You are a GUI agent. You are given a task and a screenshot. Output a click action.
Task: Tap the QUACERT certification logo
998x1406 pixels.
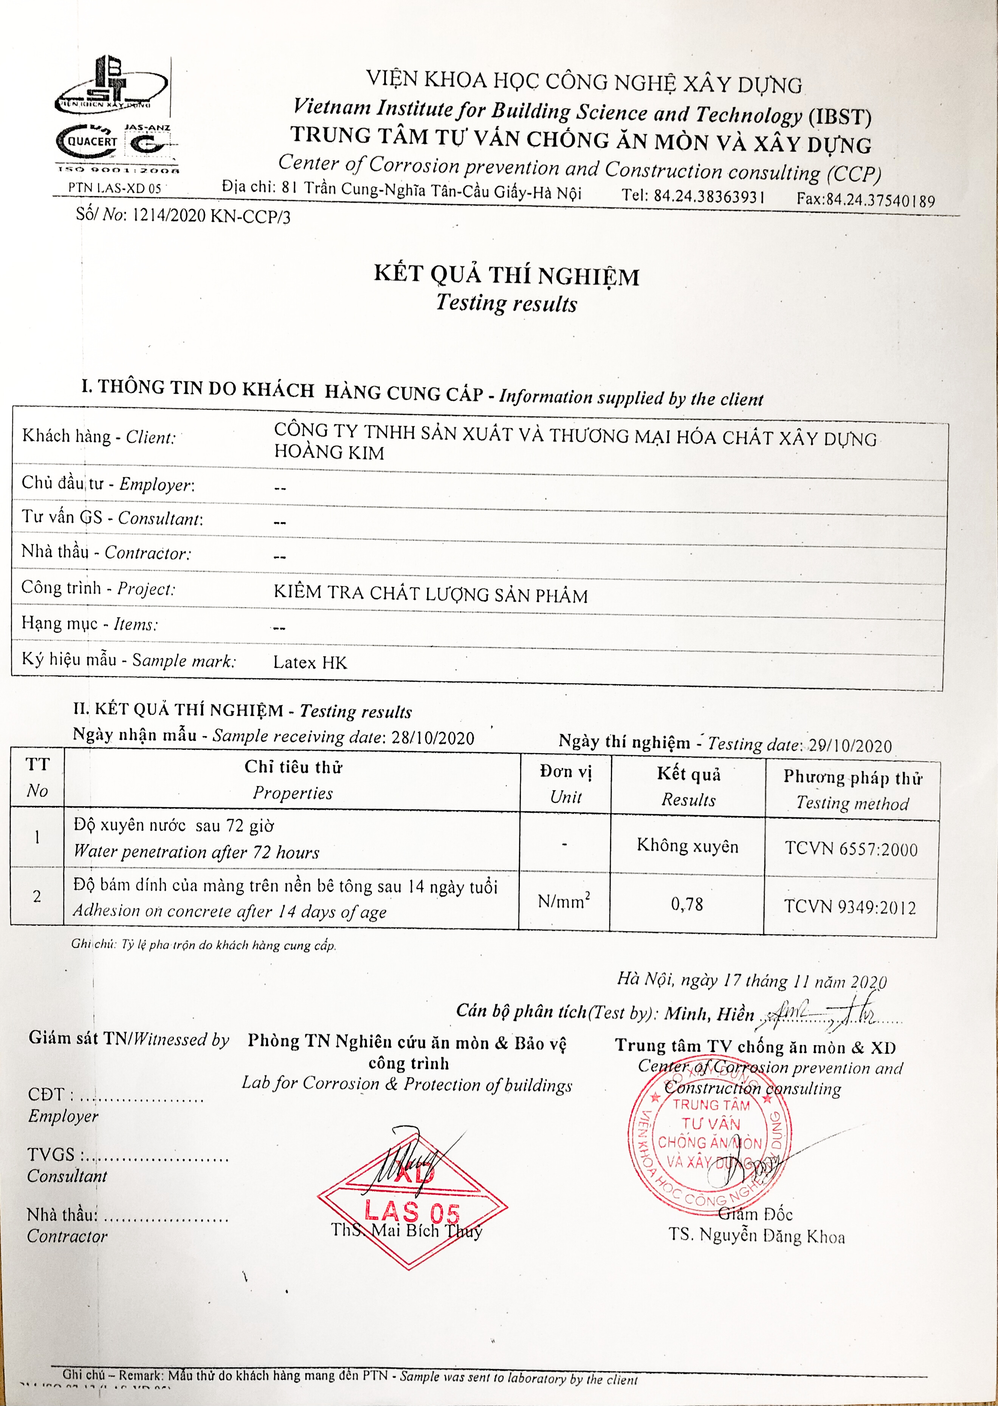coord(87,141)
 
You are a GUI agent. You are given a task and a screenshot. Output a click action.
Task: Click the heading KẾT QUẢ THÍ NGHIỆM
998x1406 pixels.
coord(507,275)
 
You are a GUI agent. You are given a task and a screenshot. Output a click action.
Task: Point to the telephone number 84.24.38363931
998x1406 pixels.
coord(710,196)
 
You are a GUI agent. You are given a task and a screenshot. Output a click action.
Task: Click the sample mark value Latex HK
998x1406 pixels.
coord(310,663)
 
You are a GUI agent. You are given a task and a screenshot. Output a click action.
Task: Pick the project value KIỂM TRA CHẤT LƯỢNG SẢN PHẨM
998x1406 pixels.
coord(430,594)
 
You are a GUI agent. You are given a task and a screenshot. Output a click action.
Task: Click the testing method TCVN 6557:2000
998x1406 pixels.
coord(851,849)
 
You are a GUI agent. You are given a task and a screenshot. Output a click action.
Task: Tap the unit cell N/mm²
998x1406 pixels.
coord(564,901)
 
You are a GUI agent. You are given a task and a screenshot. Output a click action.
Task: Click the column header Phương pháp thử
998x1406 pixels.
coord(852,778)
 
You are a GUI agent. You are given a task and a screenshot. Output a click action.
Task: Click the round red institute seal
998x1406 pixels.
coord(710,1143)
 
